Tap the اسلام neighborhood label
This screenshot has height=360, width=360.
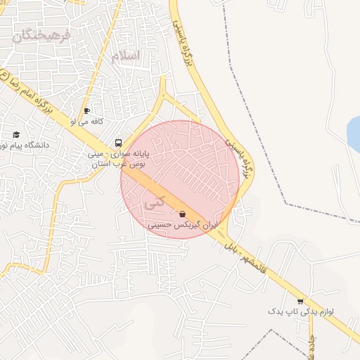(126, 56)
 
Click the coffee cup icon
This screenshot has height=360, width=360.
(87, 110)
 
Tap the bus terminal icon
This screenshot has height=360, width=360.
(118, 141)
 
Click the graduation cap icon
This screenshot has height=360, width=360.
(16, 134)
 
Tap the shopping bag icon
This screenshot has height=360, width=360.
(183, 214)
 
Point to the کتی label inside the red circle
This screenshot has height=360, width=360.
(153, 202)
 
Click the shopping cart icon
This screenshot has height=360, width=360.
(301, 300)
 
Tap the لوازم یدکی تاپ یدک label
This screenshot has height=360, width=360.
(304, 311)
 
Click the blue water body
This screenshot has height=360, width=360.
(354, 129)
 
